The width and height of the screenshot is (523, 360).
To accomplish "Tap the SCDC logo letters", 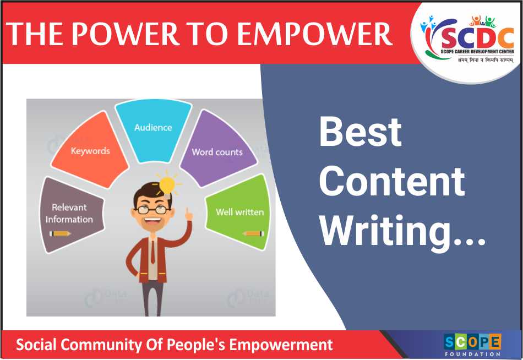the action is pyautogui.click(x=477, y=37).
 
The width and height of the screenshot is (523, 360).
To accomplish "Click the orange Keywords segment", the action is pyautogui.click(x=89, y=150).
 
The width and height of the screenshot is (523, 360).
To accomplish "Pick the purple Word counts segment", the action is pyautogui.click(x=219, y=149).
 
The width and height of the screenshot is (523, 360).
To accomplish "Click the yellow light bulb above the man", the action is pyautogui.click(x=168, y=185).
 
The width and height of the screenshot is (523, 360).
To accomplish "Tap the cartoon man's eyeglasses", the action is pyautogui.click(x=152, y=210).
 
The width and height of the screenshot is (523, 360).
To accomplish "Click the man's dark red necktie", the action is pyautogui.click(x=152, y=251).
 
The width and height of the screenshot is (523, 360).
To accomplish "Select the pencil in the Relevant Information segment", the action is pyautogui.click(x=60, y=233).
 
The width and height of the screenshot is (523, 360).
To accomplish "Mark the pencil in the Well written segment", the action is pyautogui.click(x=254, y=233).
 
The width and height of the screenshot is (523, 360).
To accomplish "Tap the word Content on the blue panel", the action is pyautogui.click(x=392, y=181).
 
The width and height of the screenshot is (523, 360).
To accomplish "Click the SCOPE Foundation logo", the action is pyautogui.click(x=472, y=345).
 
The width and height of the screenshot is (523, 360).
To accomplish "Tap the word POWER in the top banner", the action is pyautogui.click(x=126, y=34).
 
